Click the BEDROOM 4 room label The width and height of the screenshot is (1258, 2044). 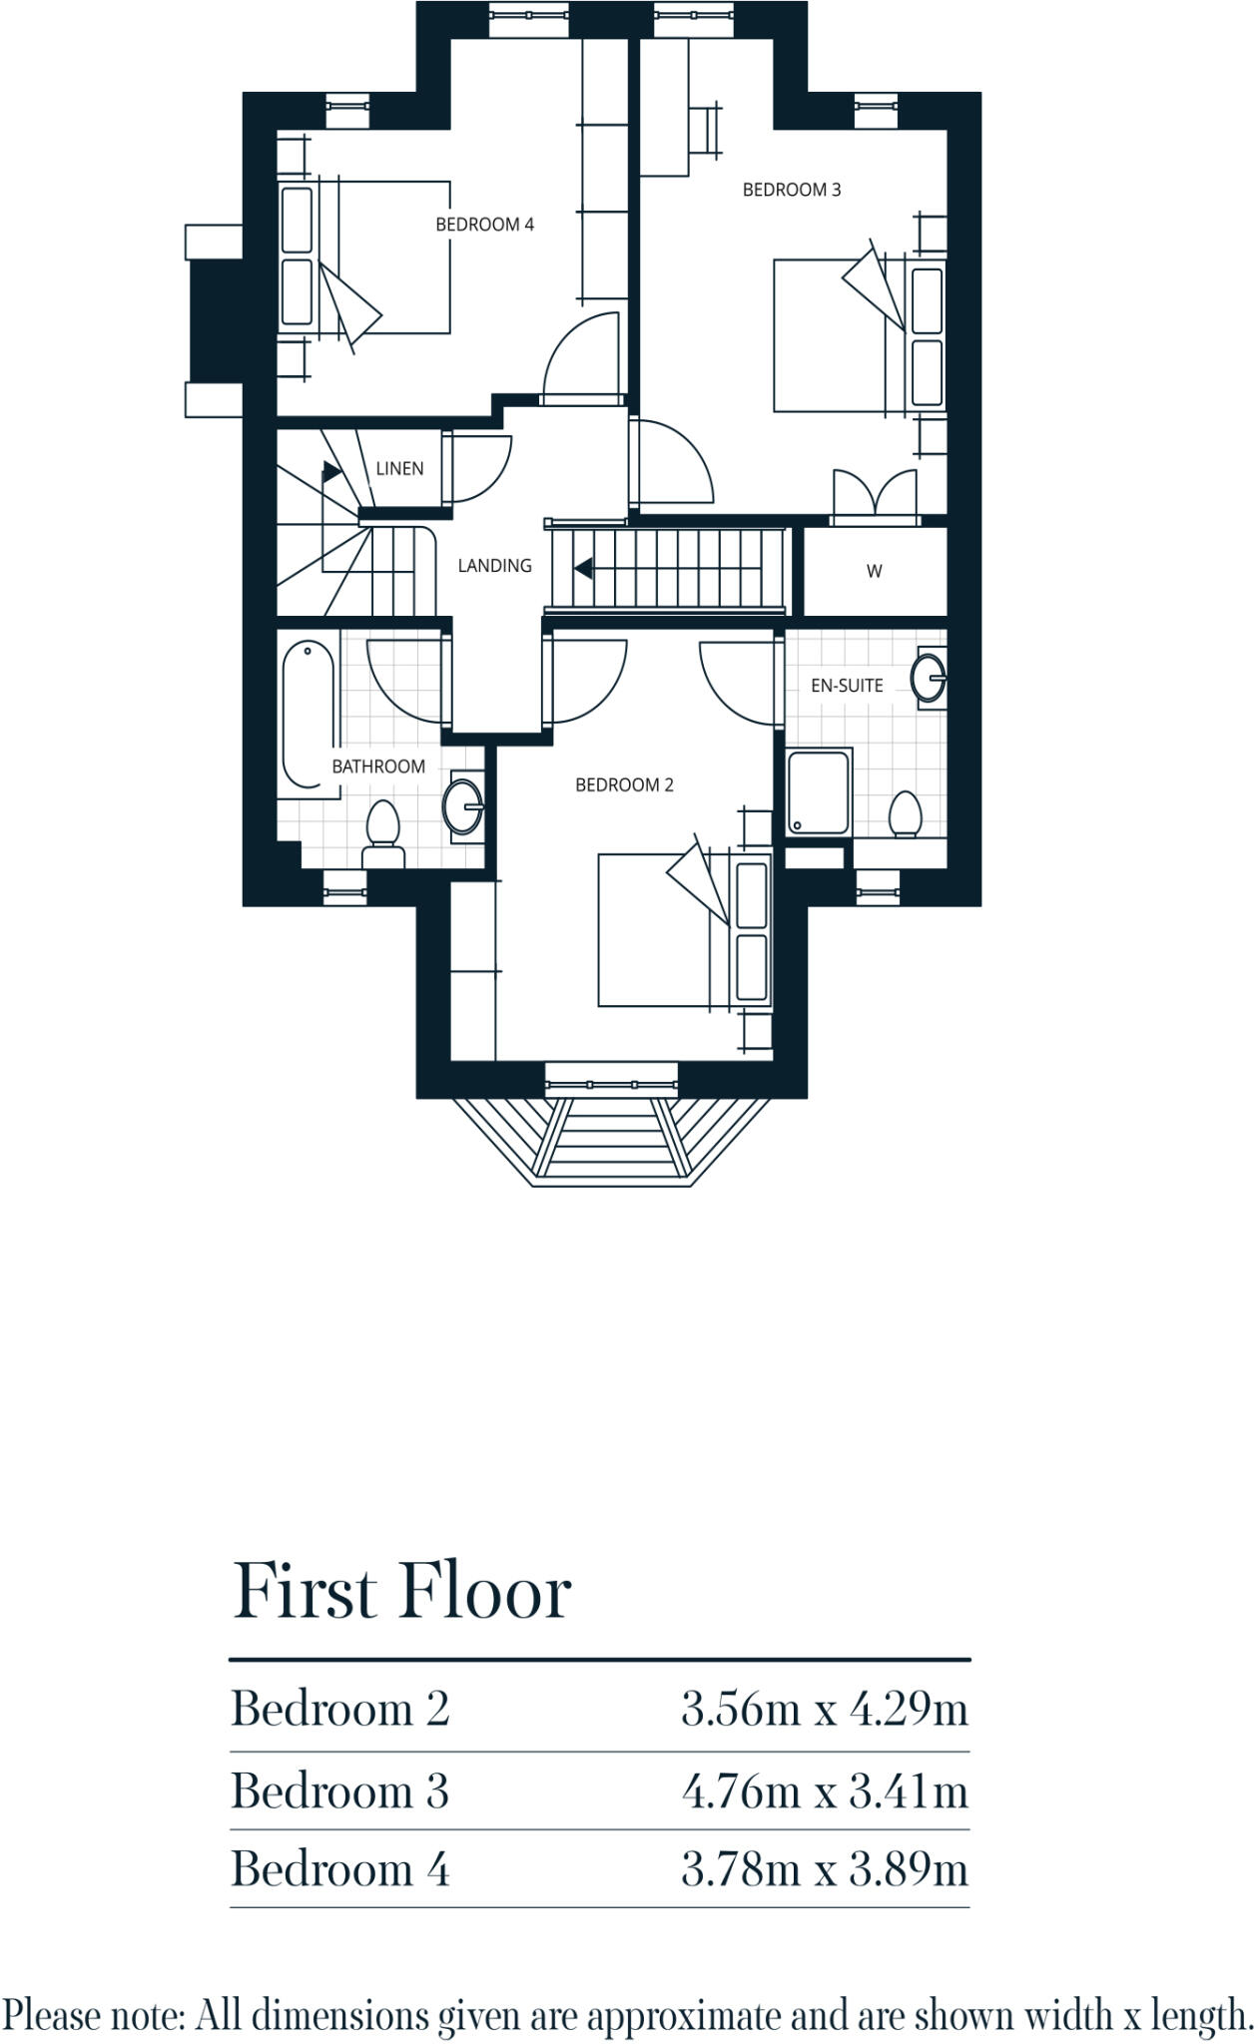(x=484, y=225)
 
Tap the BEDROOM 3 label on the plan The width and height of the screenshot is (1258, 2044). (x=792, y=190)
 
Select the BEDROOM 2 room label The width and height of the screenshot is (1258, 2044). (x=624, y=785)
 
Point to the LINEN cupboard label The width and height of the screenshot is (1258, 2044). (x=399, y=468)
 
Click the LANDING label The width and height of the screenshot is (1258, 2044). (x=494, y=566)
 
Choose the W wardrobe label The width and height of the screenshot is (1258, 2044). (x=875, y=572)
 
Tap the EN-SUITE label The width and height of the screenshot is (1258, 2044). (x=847, y=686)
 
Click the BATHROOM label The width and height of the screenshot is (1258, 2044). (x=378, y=766)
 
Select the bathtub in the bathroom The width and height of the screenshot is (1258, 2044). (x=309, y=716)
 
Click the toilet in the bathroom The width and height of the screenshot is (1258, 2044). (x=382, y=833)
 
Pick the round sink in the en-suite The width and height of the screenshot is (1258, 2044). (x=929, y=679)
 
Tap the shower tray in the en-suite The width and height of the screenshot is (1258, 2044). (x=819, y=792)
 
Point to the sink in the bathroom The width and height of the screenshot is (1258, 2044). (x=464, y=804)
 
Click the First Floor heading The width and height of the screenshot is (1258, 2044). (x=401, y=1593)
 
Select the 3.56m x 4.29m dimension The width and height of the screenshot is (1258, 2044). (x=825, y=1710)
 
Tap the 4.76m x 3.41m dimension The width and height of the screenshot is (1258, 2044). (x=825, y=1791)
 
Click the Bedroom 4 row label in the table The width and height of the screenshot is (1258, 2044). (x=340, y=1869)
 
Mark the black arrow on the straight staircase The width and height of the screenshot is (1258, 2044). (x=583, y=569)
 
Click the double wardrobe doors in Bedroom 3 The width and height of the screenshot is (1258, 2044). (x=875, y=496)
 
